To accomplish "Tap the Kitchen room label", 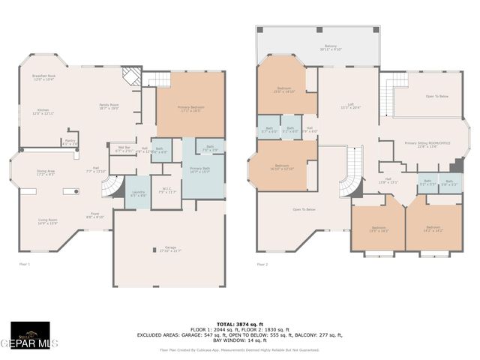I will point(43,112).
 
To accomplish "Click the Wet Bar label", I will point(124,148).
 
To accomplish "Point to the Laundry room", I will point(138,193).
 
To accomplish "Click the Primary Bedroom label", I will point(190,108).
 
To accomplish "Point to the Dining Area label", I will point(46,172).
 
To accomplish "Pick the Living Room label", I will point(48,221).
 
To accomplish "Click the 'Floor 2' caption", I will point(262,264).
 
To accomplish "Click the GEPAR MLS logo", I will point(30,340).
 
